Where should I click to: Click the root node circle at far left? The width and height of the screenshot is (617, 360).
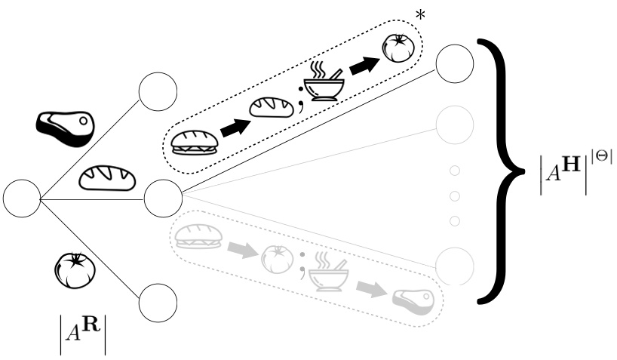[x=22, y=198]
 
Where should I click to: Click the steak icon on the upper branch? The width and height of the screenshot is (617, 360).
[x=66, y=128]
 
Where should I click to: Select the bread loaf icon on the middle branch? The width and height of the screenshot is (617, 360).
[x=109, y=177]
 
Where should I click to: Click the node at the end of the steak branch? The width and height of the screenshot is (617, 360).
[x=157, y=94]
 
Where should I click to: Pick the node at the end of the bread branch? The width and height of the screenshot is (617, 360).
[x=161, y=198]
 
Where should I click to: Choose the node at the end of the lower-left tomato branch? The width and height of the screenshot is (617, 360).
[x=157, y=303]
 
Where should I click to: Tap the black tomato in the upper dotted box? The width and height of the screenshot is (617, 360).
[x=398, y=49]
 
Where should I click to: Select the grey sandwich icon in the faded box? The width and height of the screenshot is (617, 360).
[x=195, y=236]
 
